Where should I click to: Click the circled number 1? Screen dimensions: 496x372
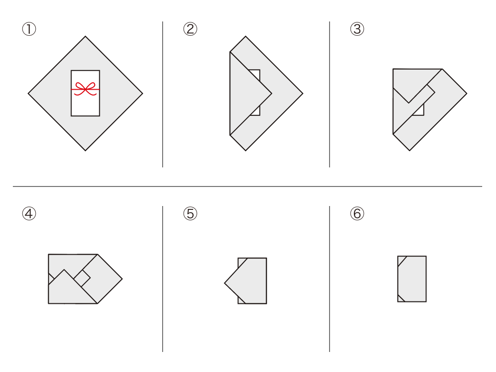pyautogui.click(x=29, y=29)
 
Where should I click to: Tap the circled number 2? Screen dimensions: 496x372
pyautogui.click(x=190, y=29)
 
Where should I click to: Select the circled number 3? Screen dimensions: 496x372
pyautogui.click(x=357, y=29)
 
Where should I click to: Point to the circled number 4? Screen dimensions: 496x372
pyautogui.click(x=29, y=214)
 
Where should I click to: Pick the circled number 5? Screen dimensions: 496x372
pyautogui.click(x=190, y=214)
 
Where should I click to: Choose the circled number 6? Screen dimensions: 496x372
pyautogui.click(x=357, y=214)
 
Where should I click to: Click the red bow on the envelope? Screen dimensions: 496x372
pyautogui.click(x=85, y=89)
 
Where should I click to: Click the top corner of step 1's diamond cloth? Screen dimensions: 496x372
pyautogui.click(x=85, y=36)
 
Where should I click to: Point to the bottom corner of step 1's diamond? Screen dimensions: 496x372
pyautogui.click(x=85, y=151)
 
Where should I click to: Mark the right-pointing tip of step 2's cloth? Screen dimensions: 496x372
pyautogui.click(x=303, y=93)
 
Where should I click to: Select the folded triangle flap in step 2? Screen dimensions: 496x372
pyautogui.click(x=247, y=93)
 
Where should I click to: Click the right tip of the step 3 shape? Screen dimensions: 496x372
pyautogui.click(x=466, y=93)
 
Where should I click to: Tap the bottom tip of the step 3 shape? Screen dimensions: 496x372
pyautogui.click(x=410, y=150)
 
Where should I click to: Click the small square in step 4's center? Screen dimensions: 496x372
pyautogui.click(x=82, y=279)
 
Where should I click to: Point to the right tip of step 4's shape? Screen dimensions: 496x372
pyautogui.click(x=122, y=279)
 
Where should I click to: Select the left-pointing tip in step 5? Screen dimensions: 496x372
pyautogui.click(x=225, y=283)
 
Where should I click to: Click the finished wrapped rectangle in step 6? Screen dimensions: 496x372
pyautogui.click(x=412, y=279)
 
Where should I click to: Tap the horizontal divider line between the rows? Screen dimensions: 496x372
pyautogui.click(x=248, y=186)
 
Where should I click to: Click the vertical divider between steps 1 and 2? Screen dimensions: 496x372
pyautogui.click(x=163, y=94)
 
